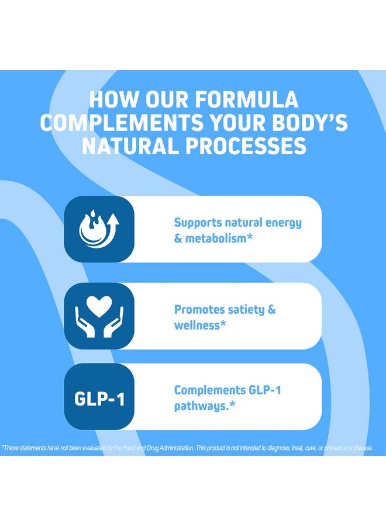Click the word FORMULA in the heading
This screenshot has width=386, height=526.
[246, 99]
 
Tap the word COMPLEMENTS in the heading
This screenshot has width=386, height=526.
[122, 123]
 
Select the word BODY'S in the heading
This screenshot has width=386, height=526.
[309, 123]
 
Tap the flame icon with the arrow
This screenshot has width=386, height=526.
[99, 229]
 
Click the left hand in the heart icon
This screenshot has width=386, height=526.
[85, 322]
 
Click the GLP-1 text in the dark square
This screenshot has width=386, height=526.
[99, 399]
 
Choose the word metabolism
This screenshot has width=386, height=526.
[216, 238]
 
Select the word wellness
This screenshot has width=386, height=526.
[197, 325]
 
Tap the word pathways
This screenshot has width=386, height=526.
[201, 407]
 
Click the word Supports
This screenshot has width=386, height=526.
[198, 223]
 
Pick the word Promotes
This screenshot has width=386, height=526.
[199, 309]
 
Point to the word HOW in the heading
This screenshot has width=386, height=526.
[113, 99]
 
